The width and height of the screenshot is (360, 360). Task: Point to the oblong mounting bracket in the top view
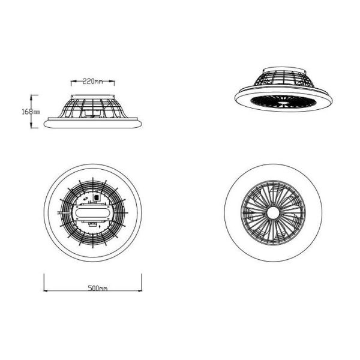pyautogui.click(x=92, y=214)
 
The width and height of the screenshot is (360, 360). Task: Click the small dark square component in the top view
pyautogui.click(x=97, y=197)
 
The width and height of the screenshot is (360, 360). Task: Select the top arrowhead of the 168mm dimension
pyautogui.click(x=31, y=95)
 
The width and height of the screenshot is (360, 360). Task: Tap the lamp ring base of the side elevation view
pyautogui.click(x=93, y=124)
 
